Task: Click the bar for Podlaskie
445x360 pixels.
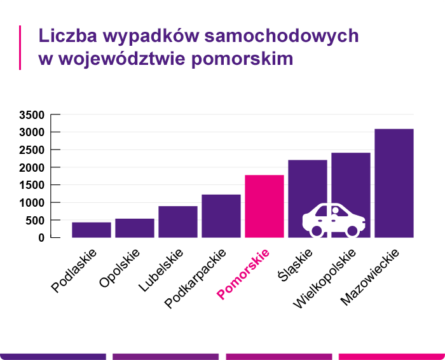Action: [92, 230]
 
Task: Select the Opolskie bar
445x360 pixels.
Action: [135, 228]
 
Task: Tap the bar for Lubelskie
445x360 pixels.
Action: [178, 221]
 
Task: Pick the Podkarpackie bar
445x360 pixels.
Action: [221, 216]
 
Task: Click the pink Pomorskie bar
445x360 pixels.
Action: [264, 206]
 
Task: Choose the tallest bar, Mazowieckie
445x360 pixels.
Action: [394, 183]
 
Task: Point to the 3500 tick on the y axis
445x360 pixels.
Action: [31, 115]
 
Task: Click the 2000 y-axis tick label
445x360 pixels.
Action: [31, 168]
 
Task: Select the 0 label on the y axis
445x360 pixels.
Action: [41, 238]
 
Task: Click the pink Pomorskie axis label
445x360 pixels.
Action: [243, 274]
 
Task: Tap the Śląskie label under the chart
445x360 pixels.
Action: [296, 265]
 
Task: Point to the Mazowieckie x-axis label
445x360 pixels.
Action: [370, 277]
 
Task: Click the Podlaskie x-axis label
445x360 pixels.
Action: [74, 270]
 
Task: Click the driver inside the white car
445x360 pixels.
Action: [335, 212]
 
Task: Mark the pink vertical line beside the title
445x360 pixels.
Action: [20, 48]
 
